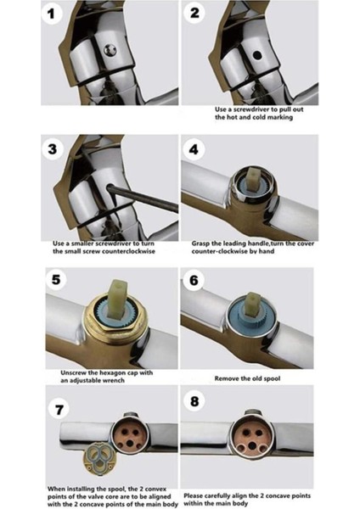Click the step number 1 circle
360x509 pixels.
52,14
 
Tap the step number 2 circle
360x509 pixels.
194,13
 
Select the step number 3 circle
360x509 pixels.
52,149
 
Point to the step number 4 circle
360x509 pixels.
194,149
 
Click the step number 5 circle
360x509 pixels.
56,278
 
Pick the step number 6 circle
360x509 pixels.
194,279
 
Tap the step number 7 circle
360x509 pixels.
59,410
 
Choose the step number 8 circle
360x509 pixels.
194,401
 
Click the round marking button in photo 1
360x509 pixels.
110,50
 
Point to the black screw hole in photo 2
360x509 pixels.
257,55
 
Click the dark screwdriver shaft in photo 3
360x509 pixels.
143,198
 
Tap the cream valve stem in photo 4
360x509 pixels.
252,178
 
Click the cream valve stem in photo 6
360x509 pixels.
253,305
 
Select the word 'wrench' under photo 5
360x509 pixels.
114,380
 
